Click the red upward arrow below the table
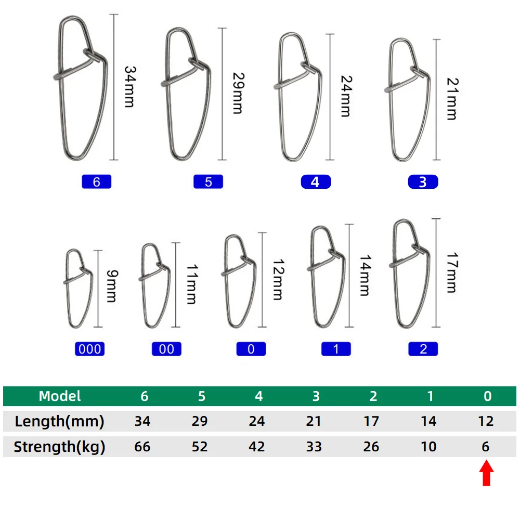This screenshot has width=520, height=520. [486, 473]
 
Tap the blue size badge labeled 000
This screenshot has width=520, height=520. [89, 349]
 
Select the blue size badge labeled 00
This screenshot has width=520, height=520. [166, 349]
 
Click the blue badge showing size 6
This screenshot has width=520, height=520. [97, 181]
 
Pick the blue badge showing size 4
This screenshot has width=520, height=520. [316, 181]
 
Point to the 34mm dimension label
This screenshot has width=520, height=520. [130, 87]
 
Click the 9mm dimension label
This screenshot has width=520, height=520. [112, 286]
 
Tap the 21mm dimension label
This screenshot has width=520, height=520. [453, 99]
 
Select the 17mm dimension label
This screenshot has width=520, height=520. [452, 272]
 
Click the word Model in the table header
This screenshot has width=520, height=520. [60, 396]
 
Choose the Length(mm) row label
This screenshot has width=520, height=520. [59, 421]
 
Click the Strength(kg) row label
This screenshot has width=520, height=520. [59, 447]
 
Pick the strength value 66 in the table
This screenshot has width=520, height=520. [142, 447]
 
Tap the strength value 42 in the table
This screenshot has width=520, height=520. [257, 447]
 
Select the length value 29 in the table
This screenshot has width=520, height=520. [200, 421]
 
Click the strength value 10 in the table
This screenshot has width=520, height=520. [428, 447]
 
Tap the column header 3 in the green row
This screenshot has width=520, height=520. [316, 396]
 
